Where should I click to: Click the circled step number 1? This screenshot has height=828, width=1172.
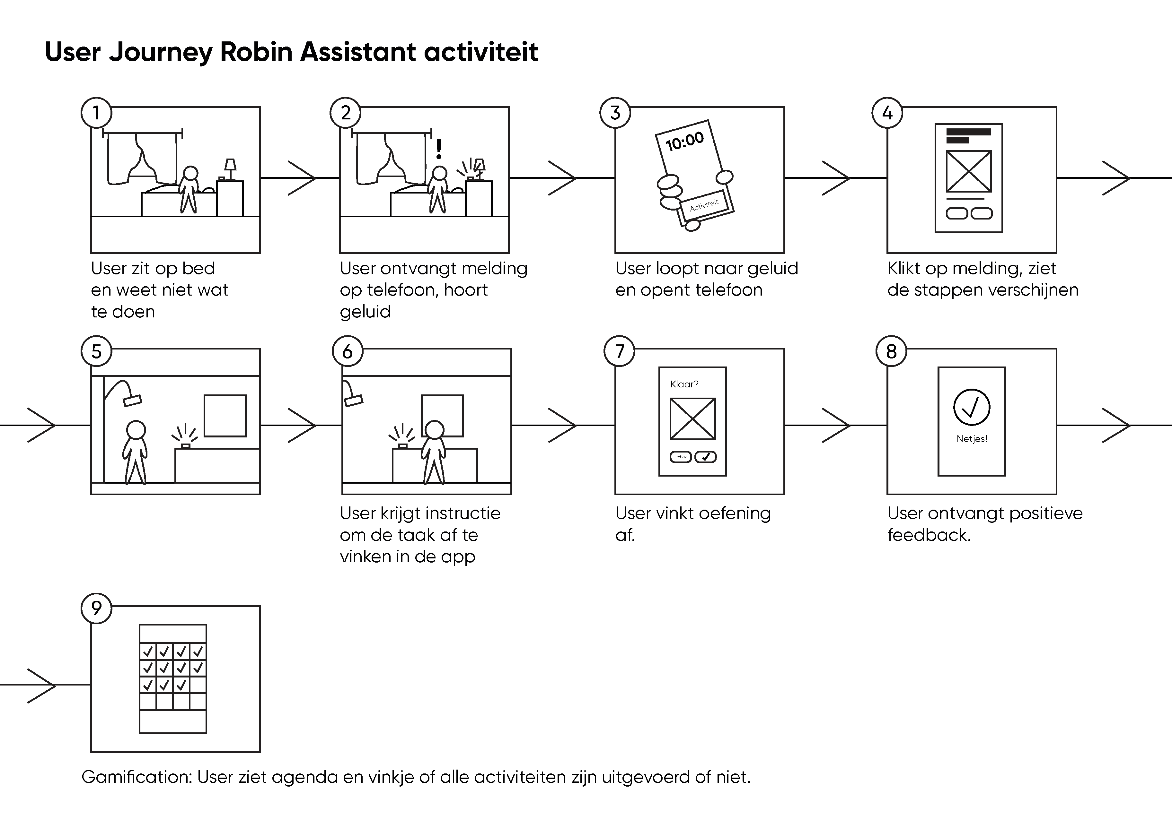click(96, 113)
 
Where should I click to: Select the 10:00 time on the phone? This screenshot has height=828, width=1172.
click(684, 141)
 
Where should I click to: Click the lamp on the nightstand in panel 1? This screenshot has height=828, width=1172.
click(231, 169)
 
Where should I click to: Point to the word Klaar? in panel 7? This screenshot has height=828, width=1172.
click(684, 384)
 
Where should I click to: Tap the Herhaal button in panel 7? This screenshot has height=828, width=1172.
click(681, 457)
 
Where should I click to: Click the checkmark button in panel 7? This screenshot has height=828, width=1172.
click(705, 457)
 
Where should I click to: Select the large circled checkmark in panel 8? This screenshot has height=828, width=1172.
click(971, 407)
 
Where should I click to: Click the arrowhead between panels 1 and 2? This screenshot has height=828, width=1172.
click(302, 178)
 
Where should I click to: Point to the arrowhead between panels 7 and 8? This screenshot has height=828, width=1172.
click(836, 425)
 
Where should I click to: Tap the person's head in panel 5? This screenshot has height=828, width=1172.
click(136, 429)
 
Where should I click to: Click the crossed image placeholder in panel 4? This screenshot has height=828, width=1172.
click(969, 171)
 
